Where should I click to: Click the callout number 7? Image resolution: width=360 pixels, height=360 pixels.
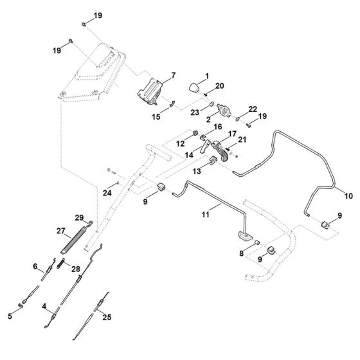(x=174, y=75)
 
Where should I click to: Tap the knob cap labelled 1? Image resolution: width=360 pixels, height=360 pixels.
(x=194, y=87)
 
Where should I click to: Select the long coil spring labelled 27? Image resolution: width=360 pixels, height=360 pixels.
(x=74, y=240)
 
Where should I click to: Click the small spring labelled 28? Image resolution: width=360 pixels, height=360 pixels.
(x=61, y=263)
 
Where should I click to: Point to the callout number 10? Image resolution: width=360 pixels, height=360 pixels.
(x=348, y=196)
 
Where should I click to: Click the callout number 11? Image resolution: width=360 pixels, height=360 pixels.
(x=206, y=215)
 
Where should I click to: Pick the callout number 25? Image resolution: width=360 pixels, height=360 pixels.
(x=107, y=318)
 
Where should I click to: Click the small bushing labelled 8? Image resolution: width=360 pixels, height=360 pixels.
(x=257, y=242)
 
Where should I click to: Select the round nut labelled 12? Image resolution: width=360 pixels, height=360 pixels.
(x=195, y=132)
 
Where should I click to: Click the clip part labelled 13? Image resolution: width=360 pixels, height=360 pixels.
(x=213, y=159)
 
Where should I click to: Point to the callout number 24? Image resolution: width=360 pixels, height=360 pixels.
(x=107, y=193)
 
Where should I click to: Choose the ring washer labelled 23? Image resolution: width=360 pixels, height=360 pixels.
(x=212, y=105)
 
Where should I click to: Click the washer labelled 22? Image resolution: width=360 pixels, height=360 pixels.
(x=238, y=119)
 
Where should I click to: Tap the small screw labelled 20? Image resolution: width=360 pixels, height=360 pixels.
(x=206, y=94)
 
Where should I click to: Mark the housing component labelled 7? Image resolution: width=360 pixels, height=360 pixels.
(x=150, y=92)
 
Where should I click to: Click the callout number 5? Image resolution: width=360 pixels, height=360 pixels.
(x=10, y=316)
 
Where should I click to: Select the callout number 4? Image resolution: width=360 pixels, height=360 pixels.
(x=44, y=306)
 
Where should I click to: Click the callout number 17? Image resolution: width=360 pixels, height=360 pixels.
(x=232, y=134)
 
